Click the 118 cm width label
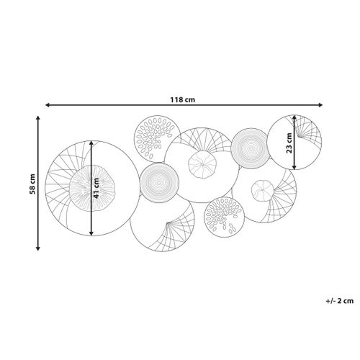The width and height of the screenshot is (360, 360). click(x=183, y=99)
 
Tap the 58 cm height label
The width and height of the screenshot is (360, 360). click(x=32, y=184)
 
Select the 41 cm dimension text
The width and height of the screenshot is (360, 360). click(x=96, y=188)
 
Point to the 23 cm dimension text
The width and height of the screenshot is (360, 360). click(x=289, y=143)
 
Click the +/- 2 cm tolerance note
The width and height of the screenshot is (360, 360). click(x=340, y=301)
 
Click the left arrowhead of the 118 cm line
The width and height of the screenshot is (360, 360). click(x=48, y=105)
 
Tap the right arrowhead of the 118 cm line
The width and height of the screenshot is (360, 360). click(x=320, y=105)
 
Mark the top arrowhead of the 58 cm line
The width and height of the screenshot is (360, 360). click(x=37, y=118)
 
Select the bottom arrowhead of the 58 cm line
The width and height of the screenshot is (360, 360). click(x=37, y=248)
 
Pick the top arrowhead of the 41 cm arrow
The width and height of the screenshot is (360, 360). click(x=91, y=143)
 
